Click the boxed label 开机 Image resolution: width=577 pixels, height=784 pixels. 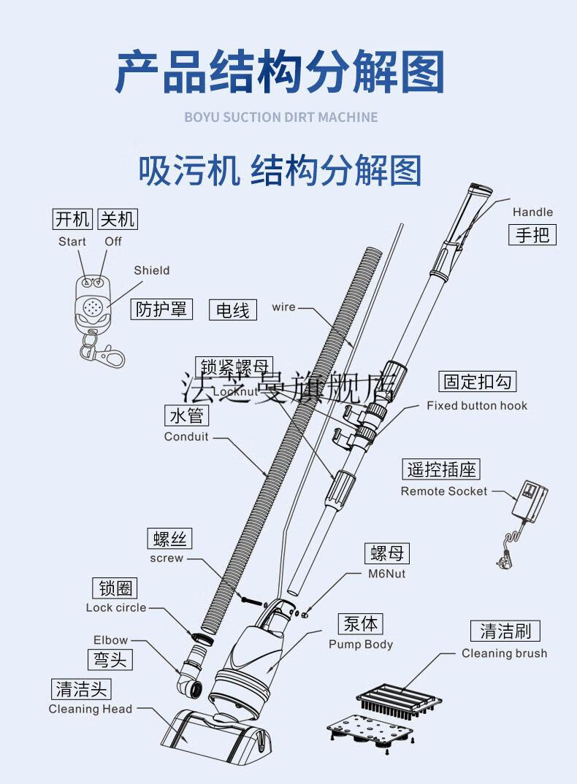coord(73,218)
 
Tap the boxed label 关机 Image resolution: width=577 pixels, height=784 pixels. coord(117,218)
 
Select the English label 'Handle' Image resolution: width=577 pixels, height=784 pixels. coord(532,212)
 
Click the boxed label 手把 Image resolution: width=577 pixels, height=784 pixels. coord(532,234)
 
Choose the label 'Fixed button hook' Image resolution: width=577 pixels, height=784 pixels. coord(476,406)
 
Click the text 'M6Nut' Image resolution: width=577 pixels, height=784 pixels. coord(386,574)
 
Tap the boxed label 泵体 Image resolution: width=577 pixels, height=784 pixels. coord(362,624)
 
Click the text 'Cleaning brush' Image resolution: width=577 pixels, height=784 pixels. coord(504,653)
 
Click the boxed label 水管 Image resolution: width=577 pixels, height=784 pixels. coord(186,416)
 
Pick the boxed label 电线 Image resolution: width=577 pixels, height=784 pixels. coord(233,310)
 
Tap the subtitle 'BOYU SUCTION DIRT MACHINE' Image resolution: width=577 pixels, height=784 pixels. coord(281,117)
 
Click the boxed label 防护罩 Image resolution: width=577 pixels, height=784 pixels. coord(161,309)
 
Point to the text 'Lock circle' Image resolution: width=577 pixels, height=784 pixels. coord(116,608)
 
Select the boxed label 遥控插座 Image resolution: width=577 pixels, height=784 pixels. coord(441,469)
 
